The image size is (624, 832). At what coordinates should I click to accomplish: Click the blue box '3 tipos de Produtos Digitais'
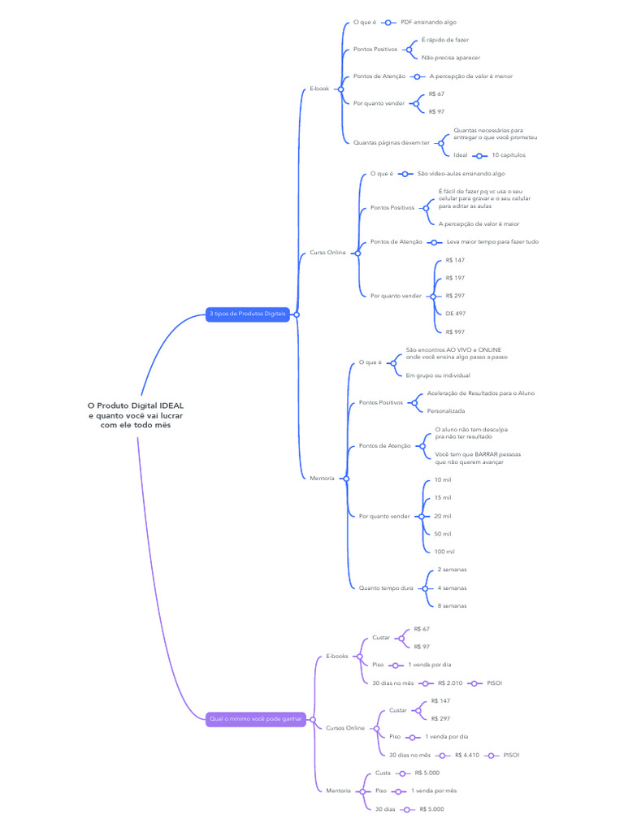tap(248, 314)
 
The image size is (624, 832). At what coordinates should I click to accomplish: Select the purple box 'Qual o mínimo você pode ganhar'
tap(255, 718)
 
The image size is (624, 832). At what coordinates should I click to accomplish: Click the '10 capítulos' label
tap(509, 154)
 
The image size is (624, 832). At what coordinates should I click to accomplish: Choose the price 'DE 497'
tap(455, 314)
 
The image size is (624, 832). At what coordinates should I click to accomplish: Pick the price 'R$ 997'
tap(455, 331)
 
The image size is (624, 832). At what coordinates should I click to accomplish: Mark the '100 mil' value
tap(444, 552)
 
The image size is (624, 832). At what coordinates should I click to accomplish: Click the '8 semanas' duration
tap(452, 606)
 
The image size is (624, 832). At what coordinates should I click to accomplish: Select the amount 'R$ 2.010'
tap(449, 683)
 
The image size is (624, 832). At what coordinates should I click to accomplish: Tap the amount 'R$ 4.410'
tap(466, 755)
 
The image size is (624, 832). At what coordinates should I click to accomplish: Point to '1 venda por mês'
tap(434, 791)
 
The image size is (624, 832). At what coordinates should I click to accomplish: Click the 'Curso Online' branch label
tap(327, 253)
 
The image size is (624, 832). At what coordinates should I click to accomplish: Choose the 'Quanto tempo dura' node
tap(386, 587)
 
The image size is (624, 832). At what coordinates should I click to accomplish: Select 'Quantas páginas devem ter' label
tap(392, 142)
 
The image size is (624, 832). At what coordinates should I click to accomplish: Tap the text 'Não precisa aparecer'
tap(450, 58)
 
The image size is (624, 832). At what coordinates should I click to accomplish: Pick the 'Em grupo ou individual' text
tap(438, 375)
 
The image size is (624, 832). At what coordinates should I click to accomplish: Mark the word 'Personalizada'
tap(446, 411)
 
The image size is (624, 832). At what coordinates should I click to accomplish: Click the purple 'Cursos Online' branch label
tap(345, 728)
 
